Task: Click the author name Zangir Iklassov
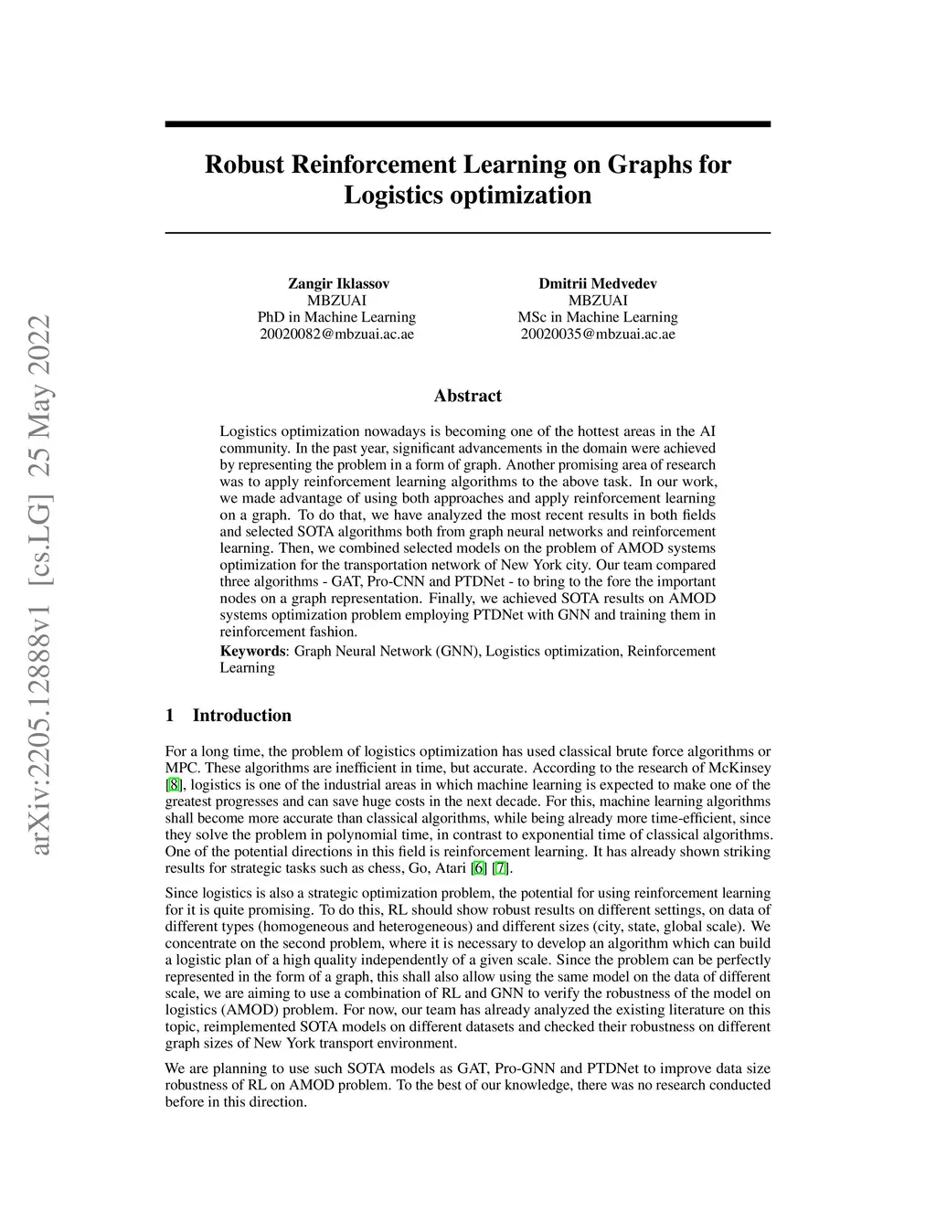click(338, 283)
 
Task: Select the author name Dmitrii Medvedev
click(598, 283)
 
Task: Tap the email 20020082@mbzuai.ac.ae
click(337, 334)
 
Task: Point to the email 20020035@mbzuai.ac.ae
click(598, 334)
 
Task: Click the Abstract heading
click(467, 396)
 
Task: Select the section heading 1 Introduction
click(229, 716)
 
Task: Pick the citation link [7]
click(499, 868)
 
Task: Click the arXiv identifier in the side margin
click(40, 585)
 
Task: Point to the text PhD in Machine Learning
click(336, 317)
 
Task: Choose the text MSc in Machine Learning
click(598, 317)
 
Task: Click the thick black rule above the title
click(467, 123)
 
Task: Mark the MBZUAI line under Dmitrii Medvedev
click(598, 300)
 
